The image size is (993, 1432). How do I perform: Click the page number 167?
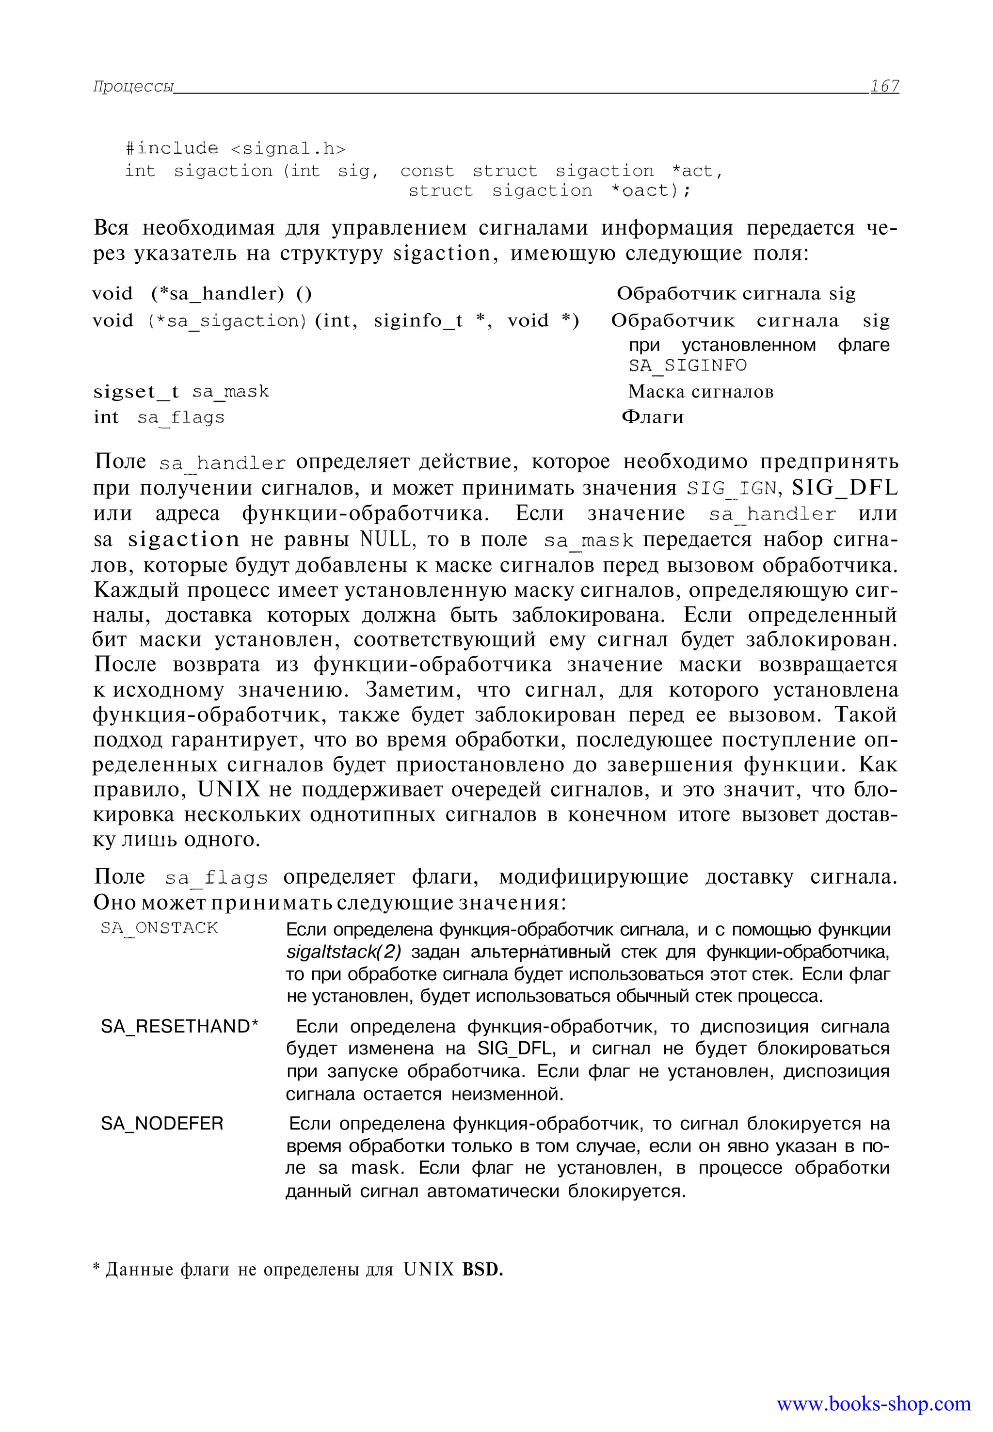point(884,86)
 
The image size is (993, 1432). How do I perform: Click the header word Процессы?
point(133,86)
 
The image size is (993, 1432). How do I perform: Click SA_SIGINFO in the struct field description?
point(687,365)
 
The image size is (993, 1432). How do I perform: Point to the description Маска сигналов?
point(701,391)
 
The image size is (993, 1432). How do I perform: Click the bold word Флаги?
point(652,417)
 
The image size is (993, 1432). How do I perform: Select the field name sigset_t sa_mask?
point(180,392)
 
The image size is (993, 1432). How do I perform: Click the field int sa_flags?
point(159,417)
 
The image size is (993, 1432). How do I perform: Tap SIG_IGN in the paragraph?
point(732,488)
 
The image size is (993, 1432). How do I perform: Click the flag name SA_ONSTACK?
point(160,927)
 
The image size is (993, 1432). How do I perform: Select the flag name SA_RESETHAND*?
point(180,1026)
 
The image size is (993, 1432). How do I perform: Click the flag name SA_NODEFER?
point(162,1124)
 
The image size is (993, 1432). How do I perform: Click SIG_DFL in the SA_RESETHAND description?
point(515,1049)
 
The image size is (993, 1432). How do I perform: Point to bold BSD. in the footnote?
point(482,1269)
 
